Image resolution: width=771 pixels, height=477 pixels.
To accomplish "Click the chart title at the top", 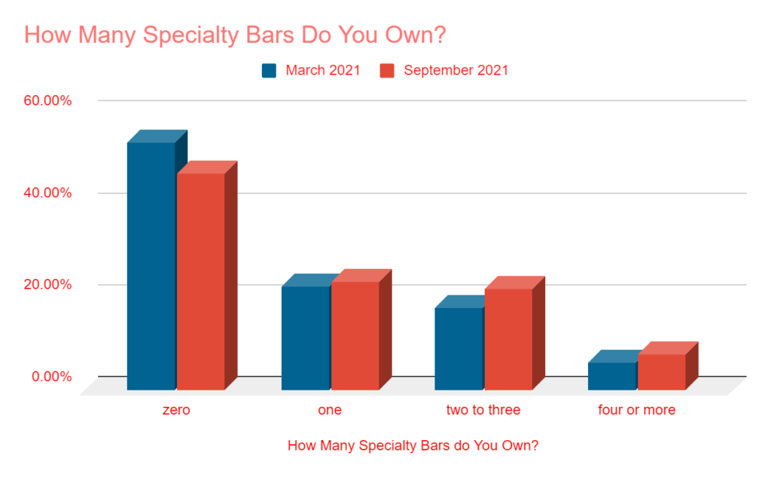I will pos(241,35).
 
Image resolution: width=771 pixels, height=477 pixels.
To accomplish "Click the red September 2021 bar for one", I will pos(355,335).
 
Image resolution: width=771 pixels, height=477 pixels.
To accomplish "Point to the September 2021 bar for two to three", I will pos(508,339).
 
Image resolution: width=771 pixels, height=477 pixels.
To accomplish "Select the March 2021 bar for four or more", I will pos(611,376).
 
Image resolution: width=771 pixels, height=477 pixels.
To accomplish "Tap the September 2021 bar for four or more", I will pos(661,372).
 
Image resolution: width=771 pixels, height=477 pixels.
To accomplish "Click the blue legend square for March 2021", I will pos(270,71).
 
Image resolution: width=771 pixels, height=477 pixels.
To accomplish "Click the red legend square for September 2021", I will pos(387,71).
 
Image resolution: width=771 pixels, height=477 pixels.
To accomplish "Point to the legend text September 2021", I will pos(456,71).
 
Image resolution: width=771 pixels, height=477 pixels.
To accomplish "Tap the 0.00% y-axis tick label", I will pos(50,377).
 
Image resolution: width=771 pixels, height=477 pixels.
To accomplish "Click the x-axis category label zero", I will pos(175,411).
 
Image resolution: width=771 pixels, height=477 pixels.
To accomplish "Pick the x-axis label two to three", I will pos(483,411).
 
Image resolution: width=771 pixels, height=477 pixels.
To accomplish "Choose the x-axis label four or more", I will pos(636,411).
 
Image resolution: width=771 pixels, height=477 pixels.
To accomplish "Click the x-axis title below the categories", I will pos(413,445).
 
